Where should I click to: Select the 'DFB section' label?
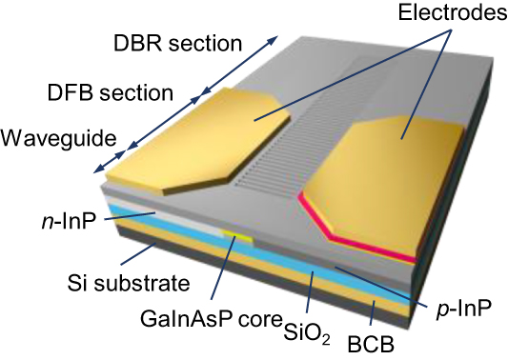click(x=110, y=92)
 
